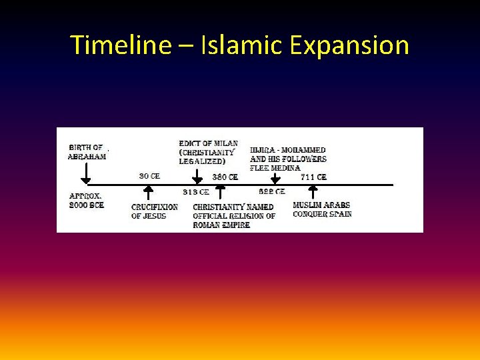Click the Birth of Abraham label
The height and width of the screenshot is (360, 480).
click(87, 152)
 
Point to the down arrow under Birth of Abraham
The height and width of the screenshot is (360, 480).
click(85, 174)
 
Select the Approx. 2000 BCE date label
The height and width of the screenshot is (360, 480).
click(87, 201)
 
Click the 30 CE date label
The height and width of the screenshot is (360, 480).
click(149, 176)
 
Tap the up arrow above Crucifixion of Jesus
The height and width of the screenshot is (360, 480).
click(149, 193)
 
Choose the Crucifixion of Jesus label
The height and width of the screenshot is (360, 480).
click(155, 211)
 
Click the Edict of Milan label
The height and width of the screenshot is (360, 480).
click(208, 153)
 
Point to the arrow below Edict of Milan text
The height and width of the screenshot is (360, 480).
click(197, 177)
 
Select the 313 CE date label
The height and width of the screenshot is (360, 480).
click(196, 192)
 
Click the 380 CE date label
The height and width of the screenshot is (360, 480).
click(225, 177)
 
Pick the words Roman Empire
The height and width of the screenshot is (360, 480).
click(221, 225)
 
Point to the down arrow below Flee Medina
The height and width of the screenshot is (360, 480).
click(275, 177)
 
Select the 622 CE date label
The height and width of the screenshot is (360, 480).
click(272, 192)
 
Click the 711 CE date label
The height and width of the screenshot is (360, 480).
click(313, 177)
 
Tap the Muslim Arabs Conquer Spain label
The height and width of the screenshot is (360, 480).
click(322, 209)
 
